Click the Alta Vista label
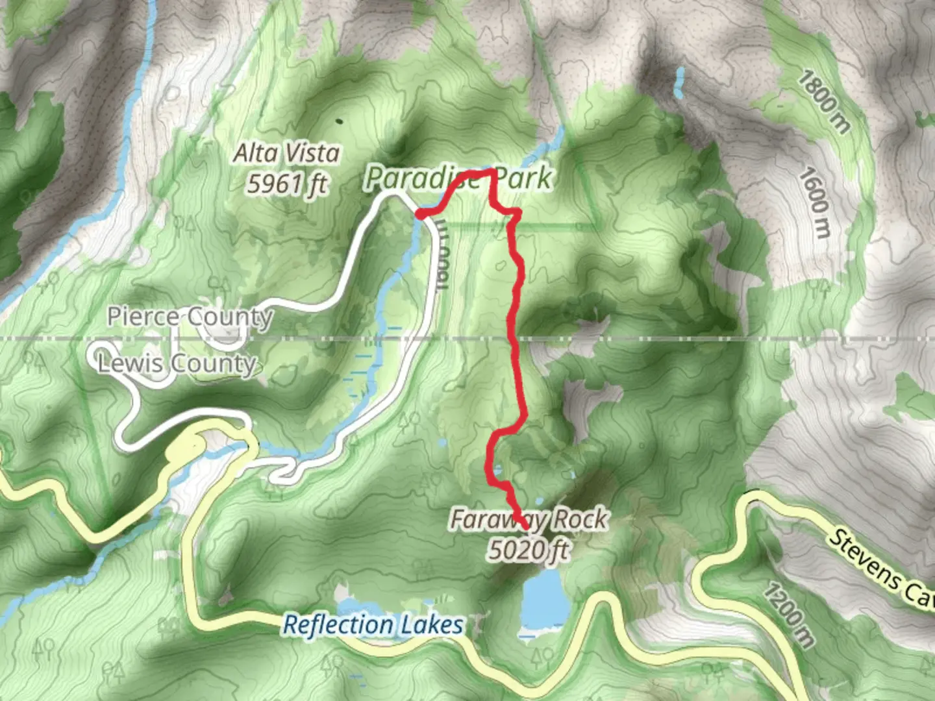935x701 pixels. pyautogui.click(x=286, y=153)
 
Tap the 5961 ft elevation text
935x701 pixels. pyautogui.click(x=286, y=184)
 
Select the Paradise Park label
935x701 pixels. pyautogui.click(x=458, y=178)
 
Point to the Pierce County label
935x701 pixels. pyautogui.click(x=190, y=317)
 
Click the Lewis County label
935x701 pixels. pyautogui.click(x=177, y=363)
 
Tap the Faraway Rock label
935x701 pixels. pyautogui.click(x=529, y=519)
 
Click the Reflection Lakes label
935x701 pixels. pyautogui.click(x=373, y=625)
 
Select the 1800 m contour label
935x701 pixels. pyautogui.click(x=823, y=101)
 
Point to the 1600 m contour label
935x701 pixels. pyautogui.click(x=816, y=202)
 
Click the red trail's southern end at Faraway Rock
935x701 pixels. pyautogui.click(x=523, y=524)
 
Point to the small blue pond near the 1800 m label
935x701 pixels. pyautogui.click(x=680, y=82)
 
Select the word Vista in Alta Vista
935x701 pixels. pyautogui.click(x=314, y=153)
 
